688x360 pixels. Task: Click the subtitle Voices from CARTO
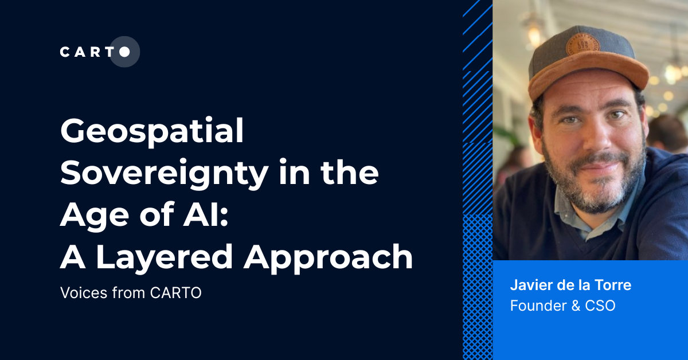[130, 293]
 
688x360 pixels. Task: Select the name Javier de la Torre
[570, 285]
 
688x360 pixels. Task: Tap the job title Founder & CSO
[562, 306]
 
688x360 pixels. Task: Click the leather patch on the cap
[583, 44]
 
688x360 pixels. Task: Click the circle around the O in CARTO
[124, 52]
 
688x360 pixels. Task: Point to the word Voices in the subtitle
[78, 293]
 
